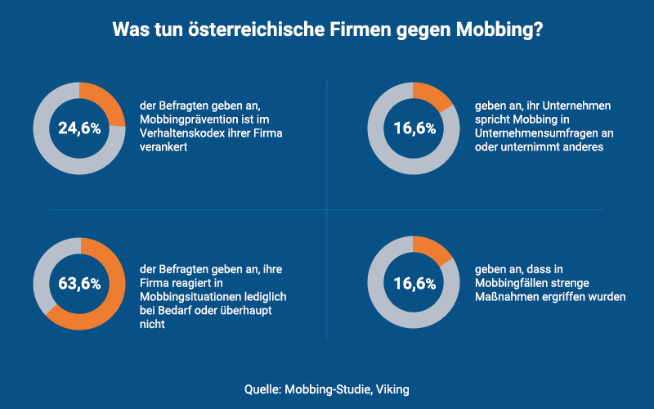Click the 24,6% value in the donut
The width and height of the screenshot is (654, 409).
click(x=79, y=128)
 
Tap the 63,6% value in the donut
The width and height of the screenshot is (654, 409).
click(x=79, y=284)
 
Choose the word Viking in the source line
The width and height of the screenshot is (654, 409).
click(x=392, y=389)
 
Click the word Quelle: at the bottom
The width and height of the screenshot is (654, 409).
click(x=262, y=389)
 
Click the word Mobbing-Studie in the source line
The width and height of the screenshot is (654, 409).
click(x=328, y=389)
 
